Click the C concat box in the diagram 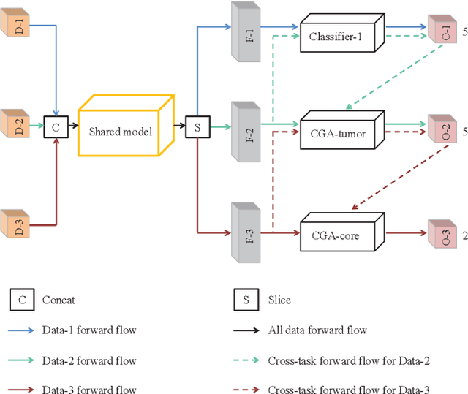[56, 126]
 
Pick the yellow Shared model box [124, 129]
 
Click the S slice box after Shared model [197, 126]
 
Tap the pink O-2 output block [442, 132]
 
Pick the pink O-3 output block [442, 233]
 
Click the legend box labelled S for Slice [242, 300]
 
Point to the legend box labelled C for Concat [21, 300]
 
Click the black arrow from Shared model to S [179, 126]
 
